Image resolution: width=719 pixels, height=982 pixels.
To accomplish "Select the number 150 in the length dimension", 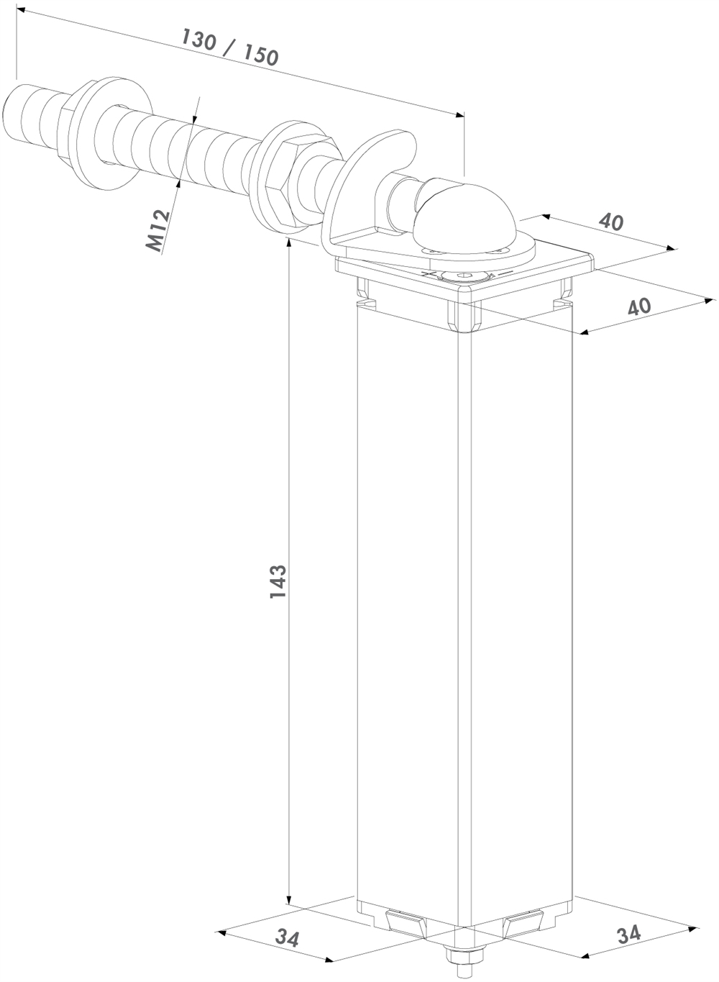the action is [x=261, y=55].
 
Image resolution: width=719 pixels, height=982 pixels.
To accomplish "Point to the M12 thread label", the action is [x=157, y=231].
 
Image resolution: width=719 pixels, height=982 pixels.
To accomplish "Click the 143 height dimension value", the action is [x=278, y=582].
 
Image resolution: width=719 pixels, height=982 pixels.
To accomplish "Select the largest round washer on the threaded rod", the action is [x=116, y=134].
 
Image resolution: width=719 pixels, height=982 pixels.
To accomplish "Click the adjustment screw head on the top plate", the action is [x=465, y=276].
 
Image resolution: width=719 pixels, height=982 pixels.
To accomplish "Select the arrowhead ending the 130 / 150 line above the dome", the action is [x=459, y=114].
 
